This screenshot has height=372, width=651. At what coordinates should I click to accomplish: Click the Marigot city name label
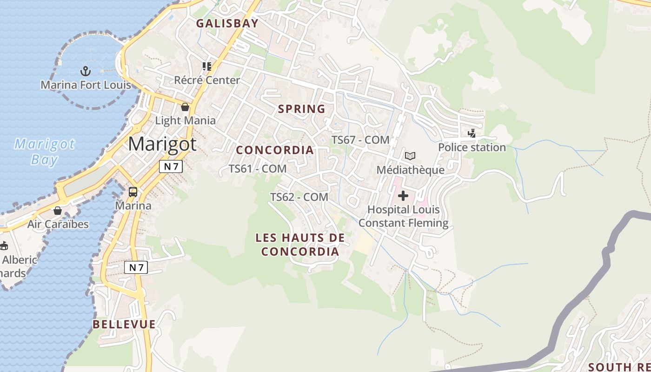[x=162, y=144]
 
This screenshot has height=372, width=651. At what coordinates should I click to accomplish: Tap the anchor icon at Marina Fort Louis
[x=85, y=71]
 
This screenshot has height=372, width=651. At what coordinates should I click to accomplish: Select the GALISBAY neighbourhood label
[x=227, y=23]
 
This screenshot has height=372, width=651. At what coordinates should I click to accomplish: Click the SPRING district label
[x=301, y=109]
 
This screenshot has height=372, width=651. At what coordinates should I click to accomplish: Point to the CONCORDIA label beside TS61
[x=275, y=150]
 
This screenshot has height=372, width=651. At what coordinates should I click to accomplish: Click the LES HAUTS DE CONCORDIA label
[x=300, y=245]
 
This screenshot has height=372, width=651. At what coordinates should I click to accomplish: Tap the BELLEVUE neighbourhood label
[x=124, y=324]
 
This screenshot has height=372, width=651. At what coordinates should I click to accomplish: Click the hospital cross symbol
[x=403, y=196]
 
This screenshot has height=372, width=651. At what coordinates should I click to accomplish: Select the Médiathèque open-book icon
[x=410, y=156]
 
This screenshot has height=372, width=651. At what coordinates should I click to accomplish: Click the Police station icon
[x=472, y=134]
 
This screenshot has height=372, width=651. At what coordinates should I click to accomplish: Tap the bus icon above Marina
[x=133, y=192]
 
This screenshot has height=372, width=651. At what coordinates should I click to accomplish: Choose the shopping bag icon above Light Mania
[x=185, y=107]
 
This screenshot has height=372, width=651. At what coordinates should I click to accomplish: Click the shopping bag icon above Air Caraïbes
[x=58, y=211]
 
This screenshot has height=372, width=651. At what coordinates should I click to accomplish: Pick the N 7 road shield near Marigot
[x=171, y=166]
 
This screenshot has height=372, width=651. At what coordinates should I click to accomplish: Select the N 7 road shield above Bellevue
[x=136, y=267]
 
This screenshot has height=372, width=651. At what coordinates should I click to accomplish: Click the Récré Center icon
[x=207, y=66]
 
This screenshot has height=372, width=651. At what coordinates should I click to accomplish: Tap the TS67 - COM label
[x=360, y=139]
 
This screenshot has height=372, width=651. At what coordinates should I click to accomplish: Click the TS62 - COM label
[x=299, y=197]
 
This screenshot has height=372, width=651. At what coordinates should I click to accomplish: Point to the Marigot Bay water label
[x=44, y=152]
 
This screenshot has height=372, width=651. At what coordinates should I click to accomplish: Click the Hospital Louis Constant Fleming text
[x=403, y=216]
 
